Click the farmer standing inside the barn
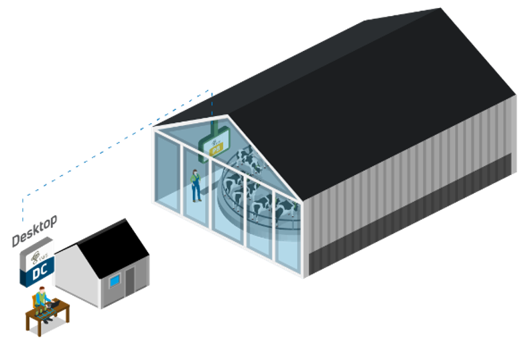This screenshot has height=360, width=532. coord(195,185)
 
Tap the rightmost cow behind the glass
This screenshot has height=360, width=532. coord(284,210)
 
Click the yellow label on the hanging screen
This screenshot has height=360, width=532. coord(216,150)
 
